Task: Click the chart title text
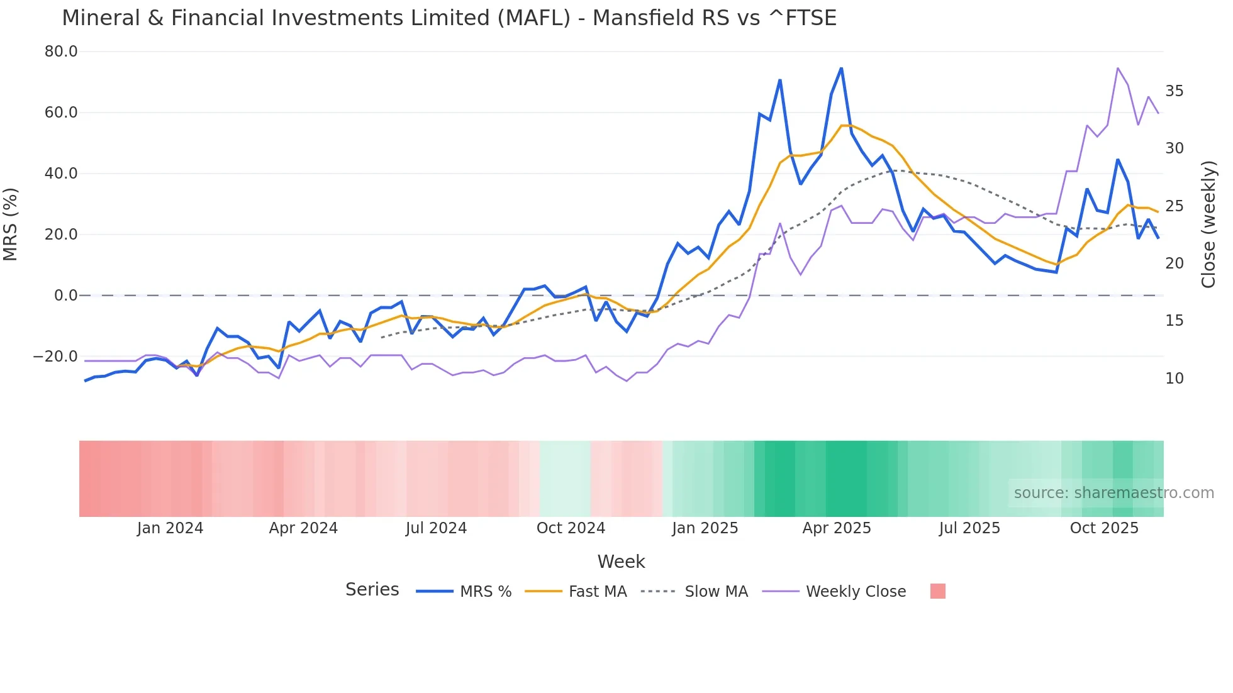coord(449,18)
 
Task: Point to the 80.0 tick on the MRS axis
coord(61,52)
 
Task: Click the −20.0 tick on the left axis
coord(56,357)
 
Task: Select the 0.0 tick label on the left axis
coord(65,296)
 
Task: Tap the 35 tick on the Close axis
coord(1174,91)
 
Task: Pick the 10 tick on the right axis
coord(1174,379)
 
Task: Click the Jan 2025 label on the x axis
coord(705,528)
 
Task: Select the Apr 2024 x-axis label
coord(303,528)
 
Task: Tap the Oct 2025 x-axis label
coord(1104,528)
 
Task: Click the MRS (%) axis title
coord(11,225)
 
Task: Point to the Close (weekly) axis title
coord(1208,225)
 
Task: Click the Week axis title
coord(621,562)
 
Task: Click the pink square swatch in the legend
coord(937,591)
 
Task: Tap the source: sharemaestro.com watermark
coord(1113,493)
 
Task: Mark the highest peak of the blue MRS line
coord(841,68)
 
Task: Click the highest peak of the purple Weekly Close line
coord(1117,68)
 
